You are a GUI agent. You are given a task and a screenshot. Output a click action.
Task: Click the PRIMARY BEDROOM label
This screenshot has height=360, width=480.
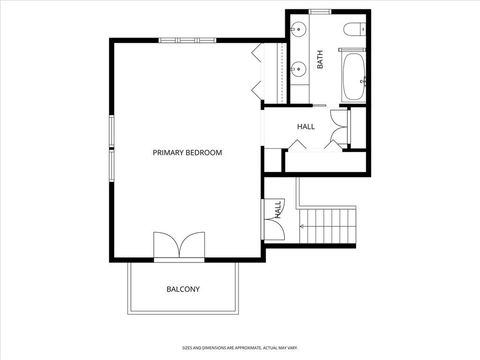pyautogui.click(x=187, y=153)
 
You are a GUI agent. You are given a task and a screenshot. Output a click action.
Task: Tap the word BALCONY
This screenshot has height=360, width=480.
pyautogui.click(x=183, y=290)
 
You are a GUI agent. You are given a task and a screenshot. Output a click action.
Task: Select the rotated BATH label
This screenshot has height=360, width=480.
pyautogui.click(x=321, y=59)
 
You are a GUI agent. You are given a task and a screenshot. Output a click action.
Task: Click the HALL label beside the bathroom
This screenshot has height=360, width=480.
pyautogui.click(x=306, y=127)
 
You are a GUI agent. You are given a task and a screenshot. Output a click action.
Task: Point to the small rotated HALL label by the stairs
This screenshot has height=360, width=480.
pyautogui.click(x=277, y=209)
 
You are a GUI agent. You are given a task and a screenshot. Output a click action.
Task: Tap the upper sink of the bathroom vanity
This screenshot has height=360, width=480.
pyautogui.click(x=299, y=32)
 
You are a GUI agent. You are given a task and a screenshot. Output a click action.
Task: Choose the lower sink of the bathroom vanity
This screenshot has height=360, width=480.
pyautogui.click(x=299, y=70)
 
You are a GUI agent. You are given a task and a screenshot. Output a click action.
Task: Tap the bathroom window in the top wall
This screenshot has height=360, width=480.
pyautogui.click(x=320, y=11)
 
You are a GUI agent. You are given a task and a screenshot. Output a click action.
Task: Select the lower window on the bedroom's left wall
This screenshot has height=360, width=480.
pyautogui.click(x=111, y=166)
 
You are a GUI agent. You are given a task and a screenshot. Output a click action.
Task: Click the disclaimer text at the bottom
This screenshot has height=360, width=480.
pyautogui.click(x=240, y=348)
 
